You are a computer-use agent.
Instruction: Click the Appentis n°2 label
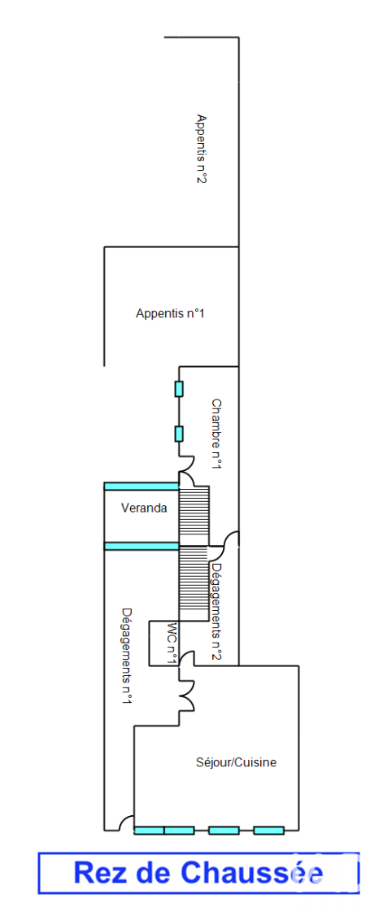(202, 149)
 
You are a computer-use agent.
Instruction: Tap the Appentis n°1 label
(171, 313)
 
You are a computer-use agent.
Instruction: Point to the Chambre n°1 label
(216, 434)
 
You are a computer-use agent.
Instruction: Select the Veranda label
(144, 508)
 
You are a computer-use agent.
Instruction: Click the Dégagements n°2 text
(217, 608)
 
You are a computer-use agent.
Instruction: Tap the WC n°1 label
(172, 643)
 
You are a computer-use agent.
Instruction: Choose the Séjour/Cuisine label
(236, 761)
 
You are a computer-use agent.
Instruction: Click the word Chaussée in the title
(251, 873)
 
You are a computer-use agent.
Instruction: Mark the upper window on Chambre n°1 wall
(179, 389)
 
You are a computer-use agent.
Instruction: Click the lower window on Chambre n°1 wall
(179, 434)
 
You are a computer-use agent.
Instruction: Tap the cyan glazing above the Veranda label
(142, 486)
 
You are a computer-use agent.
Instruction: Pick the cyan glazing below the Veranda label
(142, 546)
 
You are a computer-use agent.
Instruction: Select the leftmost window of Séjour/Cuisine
(149, 830)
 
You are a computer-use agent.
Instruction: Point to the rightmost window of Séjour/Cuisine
(268, 830)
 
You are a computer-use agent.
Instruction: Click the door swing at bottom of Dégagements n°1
(125, 822)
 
